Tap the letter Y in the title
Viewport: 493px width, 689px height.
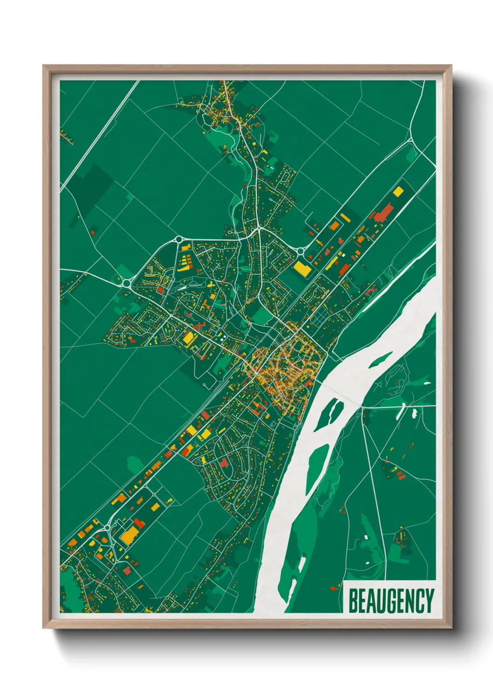429,601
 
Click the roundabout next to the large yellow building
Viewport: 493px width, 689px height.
301,251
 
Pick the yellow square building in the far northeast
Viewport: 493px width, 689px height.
398,191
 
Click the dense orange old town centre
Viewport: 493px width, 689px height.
284,368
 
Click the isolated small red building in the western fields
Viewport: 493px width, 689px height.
93,231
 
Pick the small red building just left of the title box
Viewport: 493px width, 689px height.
333,588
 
